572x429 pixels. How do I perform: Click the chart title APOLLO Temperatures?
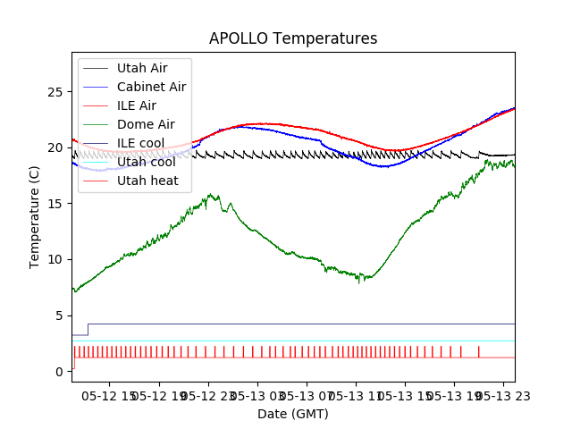(293, 39)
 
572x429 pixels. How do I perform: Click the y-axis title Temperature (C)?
(35, 216)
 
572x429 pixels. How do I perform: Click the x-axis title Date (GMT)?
(293, 414)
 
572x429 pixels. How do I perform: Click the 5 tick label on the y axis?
(59, 315)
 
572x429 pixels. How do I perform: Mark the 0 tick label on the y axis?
(59, 371)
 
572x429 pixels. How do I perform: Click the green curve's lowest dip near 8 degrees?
(359, 282)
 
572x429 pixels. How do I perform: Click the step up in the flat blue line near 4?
(88, 329)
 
